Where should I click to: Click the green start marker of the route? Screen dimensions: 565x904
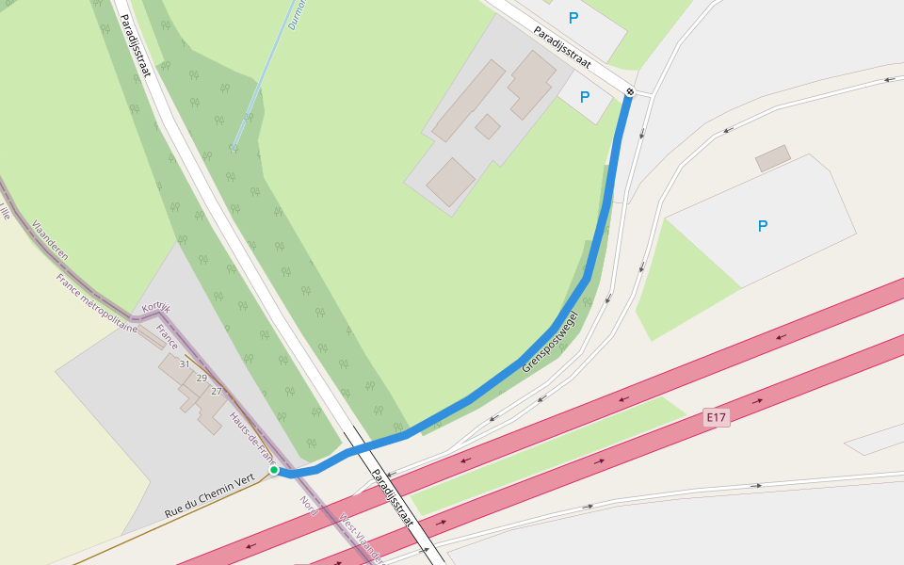coord(274,470)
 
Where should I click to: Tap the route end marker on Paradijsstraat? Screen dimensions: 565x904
coord(630,91)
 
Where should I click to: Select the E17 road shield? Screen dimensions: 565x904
coord(717,416)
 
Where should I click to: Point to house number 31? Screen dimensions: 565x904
coord(185,363)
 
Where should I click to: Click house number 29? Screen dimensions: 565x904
coord(202,378)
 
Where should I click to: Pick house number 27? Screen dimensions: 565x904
coord(217,391)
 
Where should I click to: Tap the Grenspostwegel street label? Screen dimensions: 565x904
coord(549,343)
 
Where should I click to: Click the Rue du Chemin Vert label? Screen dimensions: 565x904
coord(210,496)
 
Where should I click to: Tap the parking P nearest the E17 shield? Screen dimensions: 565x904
coord(763,226)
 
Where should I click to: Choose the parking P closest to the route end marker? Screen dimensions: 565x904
coord(585,96)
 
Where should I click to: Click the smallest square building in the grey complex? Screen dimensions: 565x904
coord(488,126)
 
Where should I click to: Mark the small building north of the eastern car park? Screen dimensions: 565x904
coord(773,158)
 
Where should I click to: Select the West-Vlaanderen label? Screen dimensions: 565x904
coord(362,538)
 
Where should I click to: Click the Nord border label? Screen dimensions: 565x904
coord(309,506)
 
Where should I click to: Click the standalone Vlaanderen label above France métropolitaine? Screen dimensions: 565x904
coord(50,240)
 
